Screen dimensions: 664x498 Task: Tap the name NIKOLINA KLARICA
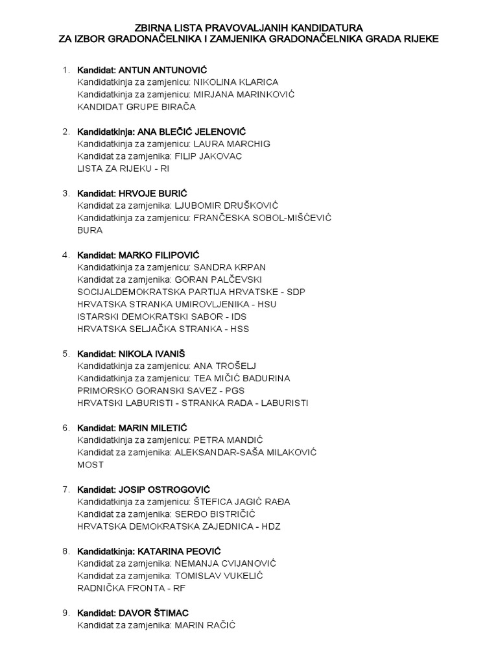coord(236,82)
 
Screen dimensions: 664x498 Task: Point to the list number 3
coord(65,193)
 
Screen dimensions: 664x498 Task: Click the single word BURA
coord(89,230)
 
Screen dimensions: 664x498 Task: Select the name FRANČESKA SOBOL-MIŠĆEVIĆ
coord(263,218)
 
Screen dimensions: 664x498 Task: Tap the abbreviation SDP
coord(296,292)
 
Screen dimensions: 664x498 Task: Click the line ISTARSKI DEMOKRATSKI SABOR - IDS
coord(161,316)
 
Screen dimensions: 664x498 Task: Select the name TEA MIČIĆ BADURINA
coord(242,378)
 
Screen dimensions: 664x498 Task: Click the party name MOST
coord(90,465)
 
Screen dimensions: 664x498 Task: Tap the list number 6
coord(65,428)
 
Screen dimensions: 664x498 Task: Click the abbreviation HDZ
coord(272,527)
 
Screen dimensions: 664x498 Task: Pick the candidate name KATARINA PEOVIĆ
coord(184,551)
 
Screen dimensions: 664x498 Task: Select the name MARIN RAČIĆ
coord(205,625)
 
